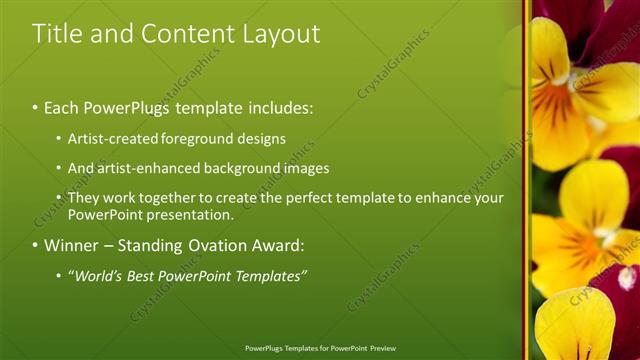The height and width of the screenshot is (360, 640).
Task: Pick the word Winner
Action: [x=72, y=245]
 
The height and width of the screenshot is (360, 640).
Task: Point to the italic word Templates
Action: [x=271, y=275]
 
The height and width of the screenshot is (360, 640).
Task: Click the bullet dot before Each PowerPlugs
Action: [x=36, y=107]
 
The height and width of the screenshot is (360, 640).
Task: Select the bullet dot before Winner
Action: [x=36, y=246]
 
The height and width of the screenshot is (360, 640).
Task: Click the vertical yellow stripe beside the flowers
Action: [x=526, y=180]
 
